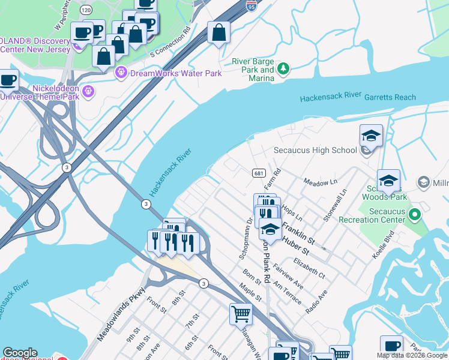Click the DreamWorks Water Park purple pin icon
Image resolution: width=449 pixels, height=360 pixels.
121,73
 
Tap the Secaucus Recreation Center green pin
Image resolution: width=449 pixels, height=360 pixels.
414,214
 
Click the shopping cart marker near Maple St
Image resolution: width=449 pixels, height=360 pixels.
241,313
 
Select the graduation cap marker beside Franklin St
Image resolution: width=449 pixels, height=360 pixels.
270,230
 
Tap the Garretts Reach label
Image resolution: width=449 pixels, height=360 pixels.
390,97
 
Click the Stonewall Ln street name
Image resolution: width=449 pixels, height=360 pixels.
336,206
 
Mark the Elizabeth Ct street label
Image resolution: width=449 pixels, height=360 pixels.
309,266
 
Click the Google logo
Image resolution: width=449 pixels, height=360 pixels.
20,353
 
